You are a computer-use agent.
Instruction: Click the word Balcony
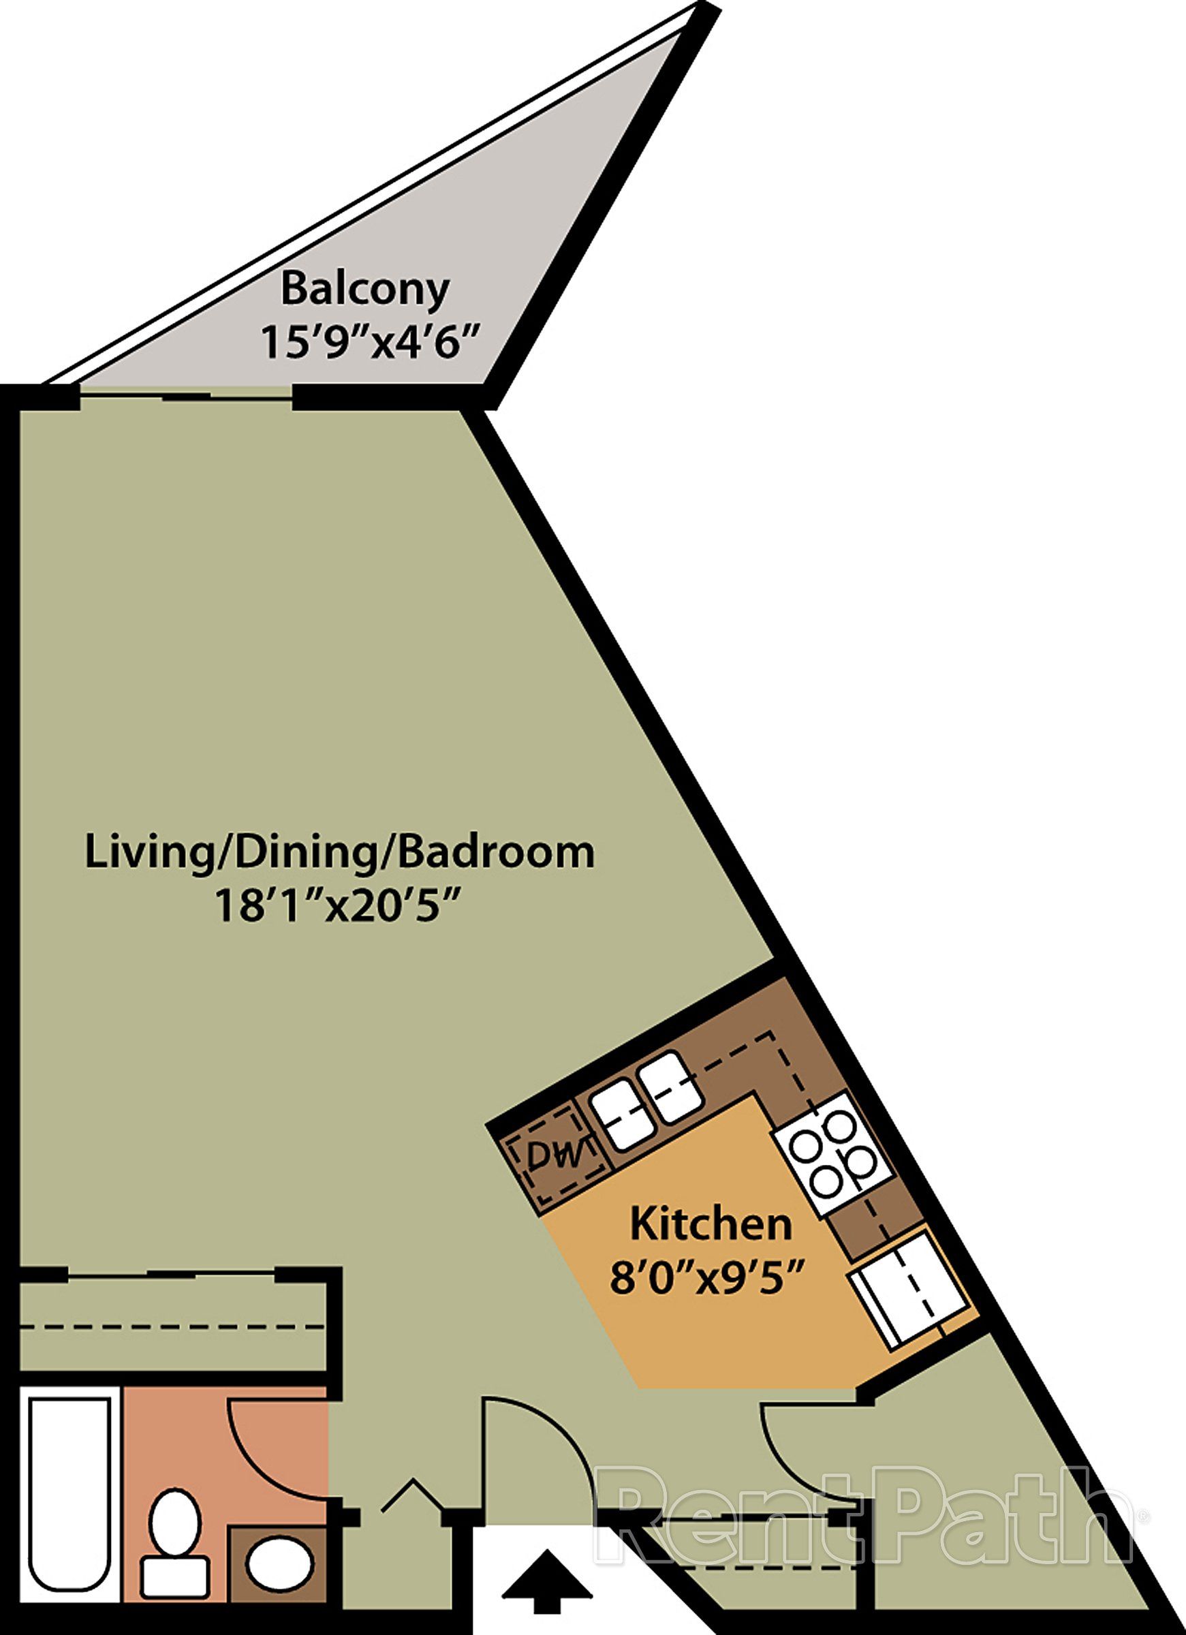coord(365,290)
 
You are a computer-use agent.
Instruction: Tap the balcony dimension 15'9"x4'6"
coord(370,342)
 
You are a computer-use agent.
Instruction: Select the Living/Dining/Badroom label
coord(339,852)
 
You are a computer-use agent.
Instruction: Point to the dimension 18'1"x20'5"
coord(338,906)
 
